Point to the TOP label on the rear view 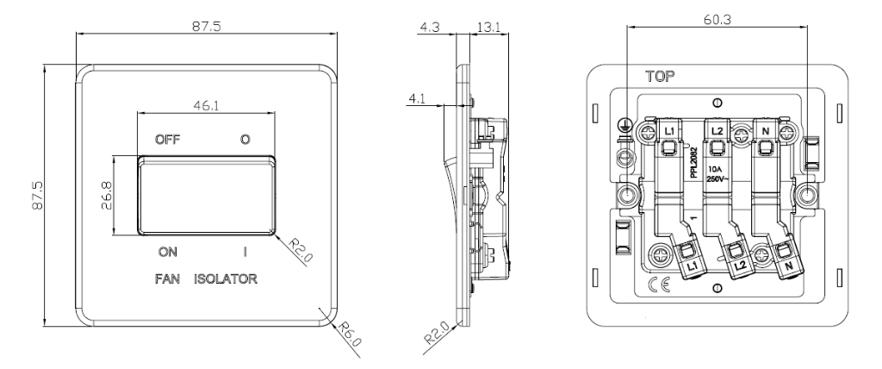pos(656,77)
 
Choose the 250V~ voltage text pos(717,178)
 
